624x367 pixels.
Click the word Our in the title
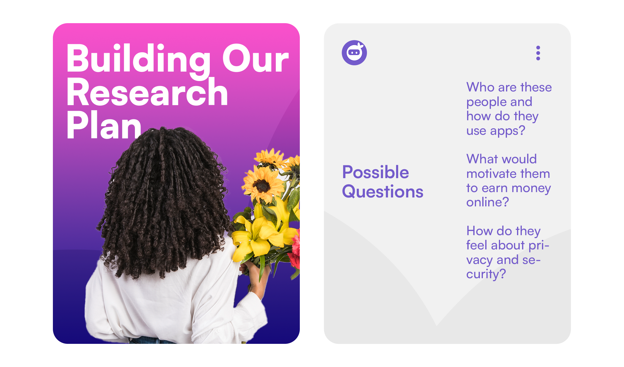[256, 59]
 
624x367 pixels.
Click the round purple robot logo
[354, 53]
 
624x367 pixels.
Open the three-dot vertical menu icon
[538, 53]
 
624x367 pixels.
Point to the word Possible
[376, 172]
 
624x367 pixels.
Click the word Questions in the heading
[383, 192]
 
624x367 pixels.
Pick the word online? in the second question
[488, 202]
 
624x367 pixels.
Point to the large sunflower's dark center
[262, 186]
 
